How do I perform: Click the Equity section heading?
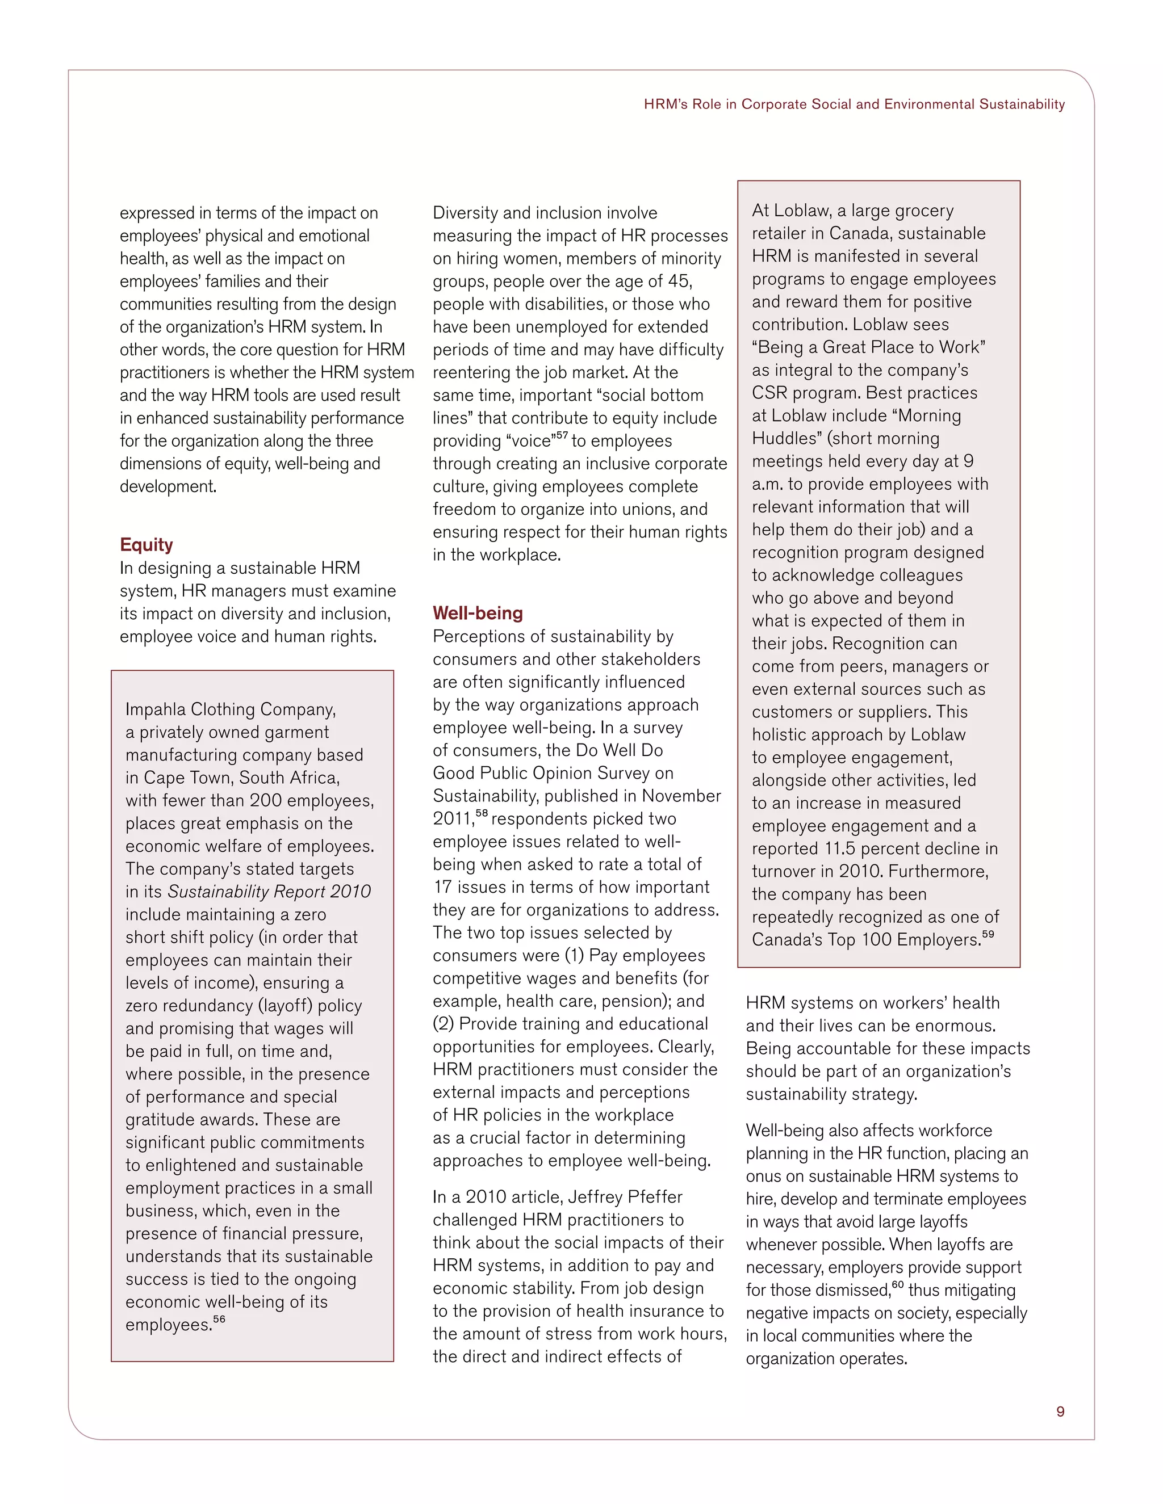point(146,545)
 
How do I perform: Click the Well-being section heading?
point(478,613)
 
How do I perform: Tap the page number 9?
point(1060,1411)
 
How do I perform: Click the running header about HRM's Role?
point(854,104)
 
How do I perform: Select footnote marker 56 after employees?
point(219,1320)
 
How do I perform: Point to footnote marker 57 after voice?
point(562,436)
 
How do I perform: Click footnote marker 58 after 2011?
point(482,814)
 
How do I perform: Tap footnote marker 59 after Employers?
point(988,935)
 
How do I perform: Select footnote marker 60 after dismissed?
point(897,1284)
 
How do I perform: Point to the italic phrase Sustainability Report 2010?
point(269,892)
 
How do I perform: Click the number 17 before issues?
point(442,887)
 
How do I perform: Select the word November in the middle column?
point(681,796)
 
